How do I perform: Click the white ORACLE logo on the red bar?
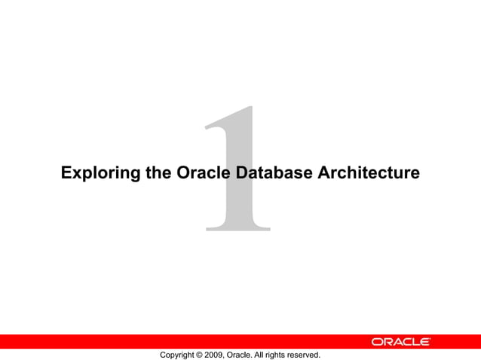pos(400,342)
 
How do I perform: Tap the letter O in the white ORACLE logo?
pos(377,342)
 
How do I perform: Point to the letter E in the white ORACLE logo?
pos(424,342)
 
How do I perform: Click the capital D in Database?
pos(241,173)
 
